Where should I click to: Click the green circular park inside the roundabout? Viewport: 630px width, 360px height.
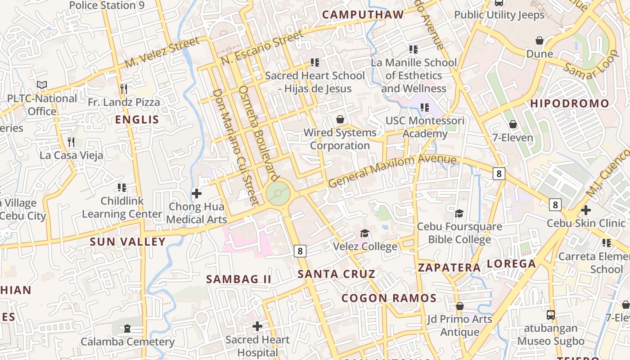(x=278, y=194)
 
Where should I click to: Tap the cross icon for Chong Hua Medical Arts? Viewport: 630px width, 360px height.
(x=197, y=193)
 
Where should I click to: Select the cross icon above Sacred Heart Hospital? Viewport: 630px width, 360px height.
(x=257, y=326)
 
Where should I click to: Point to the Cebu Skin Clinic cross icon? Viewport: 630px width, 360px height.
(x=585, y=210)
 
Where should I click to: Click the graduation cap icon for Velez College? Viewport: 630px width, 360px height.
(x=364, y=233)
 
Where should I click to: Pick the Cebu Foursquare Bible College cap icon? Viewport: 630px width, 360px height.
(x=459, y=213)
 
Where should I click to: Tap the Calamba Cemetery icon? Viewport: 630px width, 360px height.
(x=127, y=328)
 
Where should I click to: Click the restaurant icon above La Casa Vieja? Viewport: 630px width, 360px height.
(x=71, y=142)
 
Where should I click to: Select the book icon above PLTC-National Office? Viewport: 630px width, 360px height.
(x=42, y=85)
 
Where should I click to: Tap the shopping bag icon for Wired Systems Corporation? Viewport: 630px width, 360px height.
(x=340, y=119)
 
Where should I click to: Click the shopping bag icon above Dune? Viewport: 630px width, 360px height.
(x=540, y=40)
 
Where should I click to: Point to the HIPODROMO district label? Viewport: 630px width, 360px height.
(x=570, y=103)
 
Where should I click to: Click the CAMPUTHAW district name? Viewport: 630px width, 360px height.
(x=363, y=15)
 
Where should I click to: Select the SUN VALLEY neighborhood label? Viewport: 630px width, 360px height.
(x=128, y=242)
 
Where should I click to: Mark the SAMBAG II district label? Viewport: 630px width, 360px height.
(x=238, y=279)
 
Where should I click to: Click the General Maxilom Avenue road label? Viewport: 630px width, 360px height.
(x=392, y=171)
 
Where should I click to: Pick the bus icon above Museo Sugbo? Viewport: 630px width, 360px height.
(x=550, y=315)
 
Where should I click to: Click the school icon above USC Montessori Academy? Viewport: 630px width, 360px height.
(x=424, y=108)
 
